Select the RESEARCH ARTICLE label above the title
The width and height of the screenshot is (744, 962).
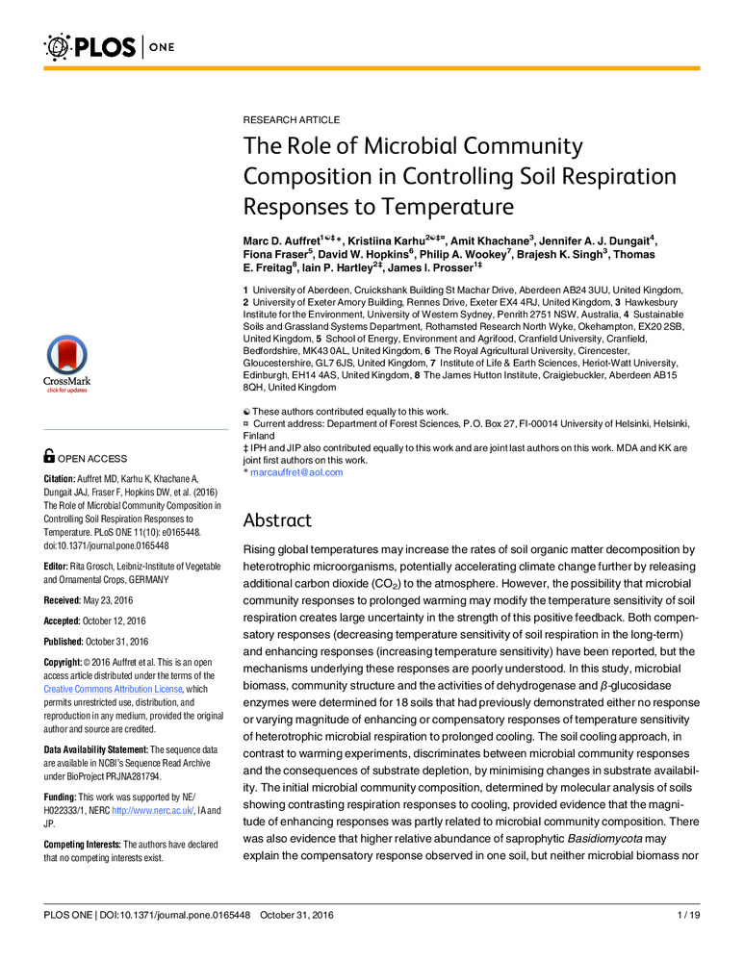click(x=291, y=119)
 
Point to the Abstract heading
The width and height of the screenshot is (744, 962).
click(x=278, y=520)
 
